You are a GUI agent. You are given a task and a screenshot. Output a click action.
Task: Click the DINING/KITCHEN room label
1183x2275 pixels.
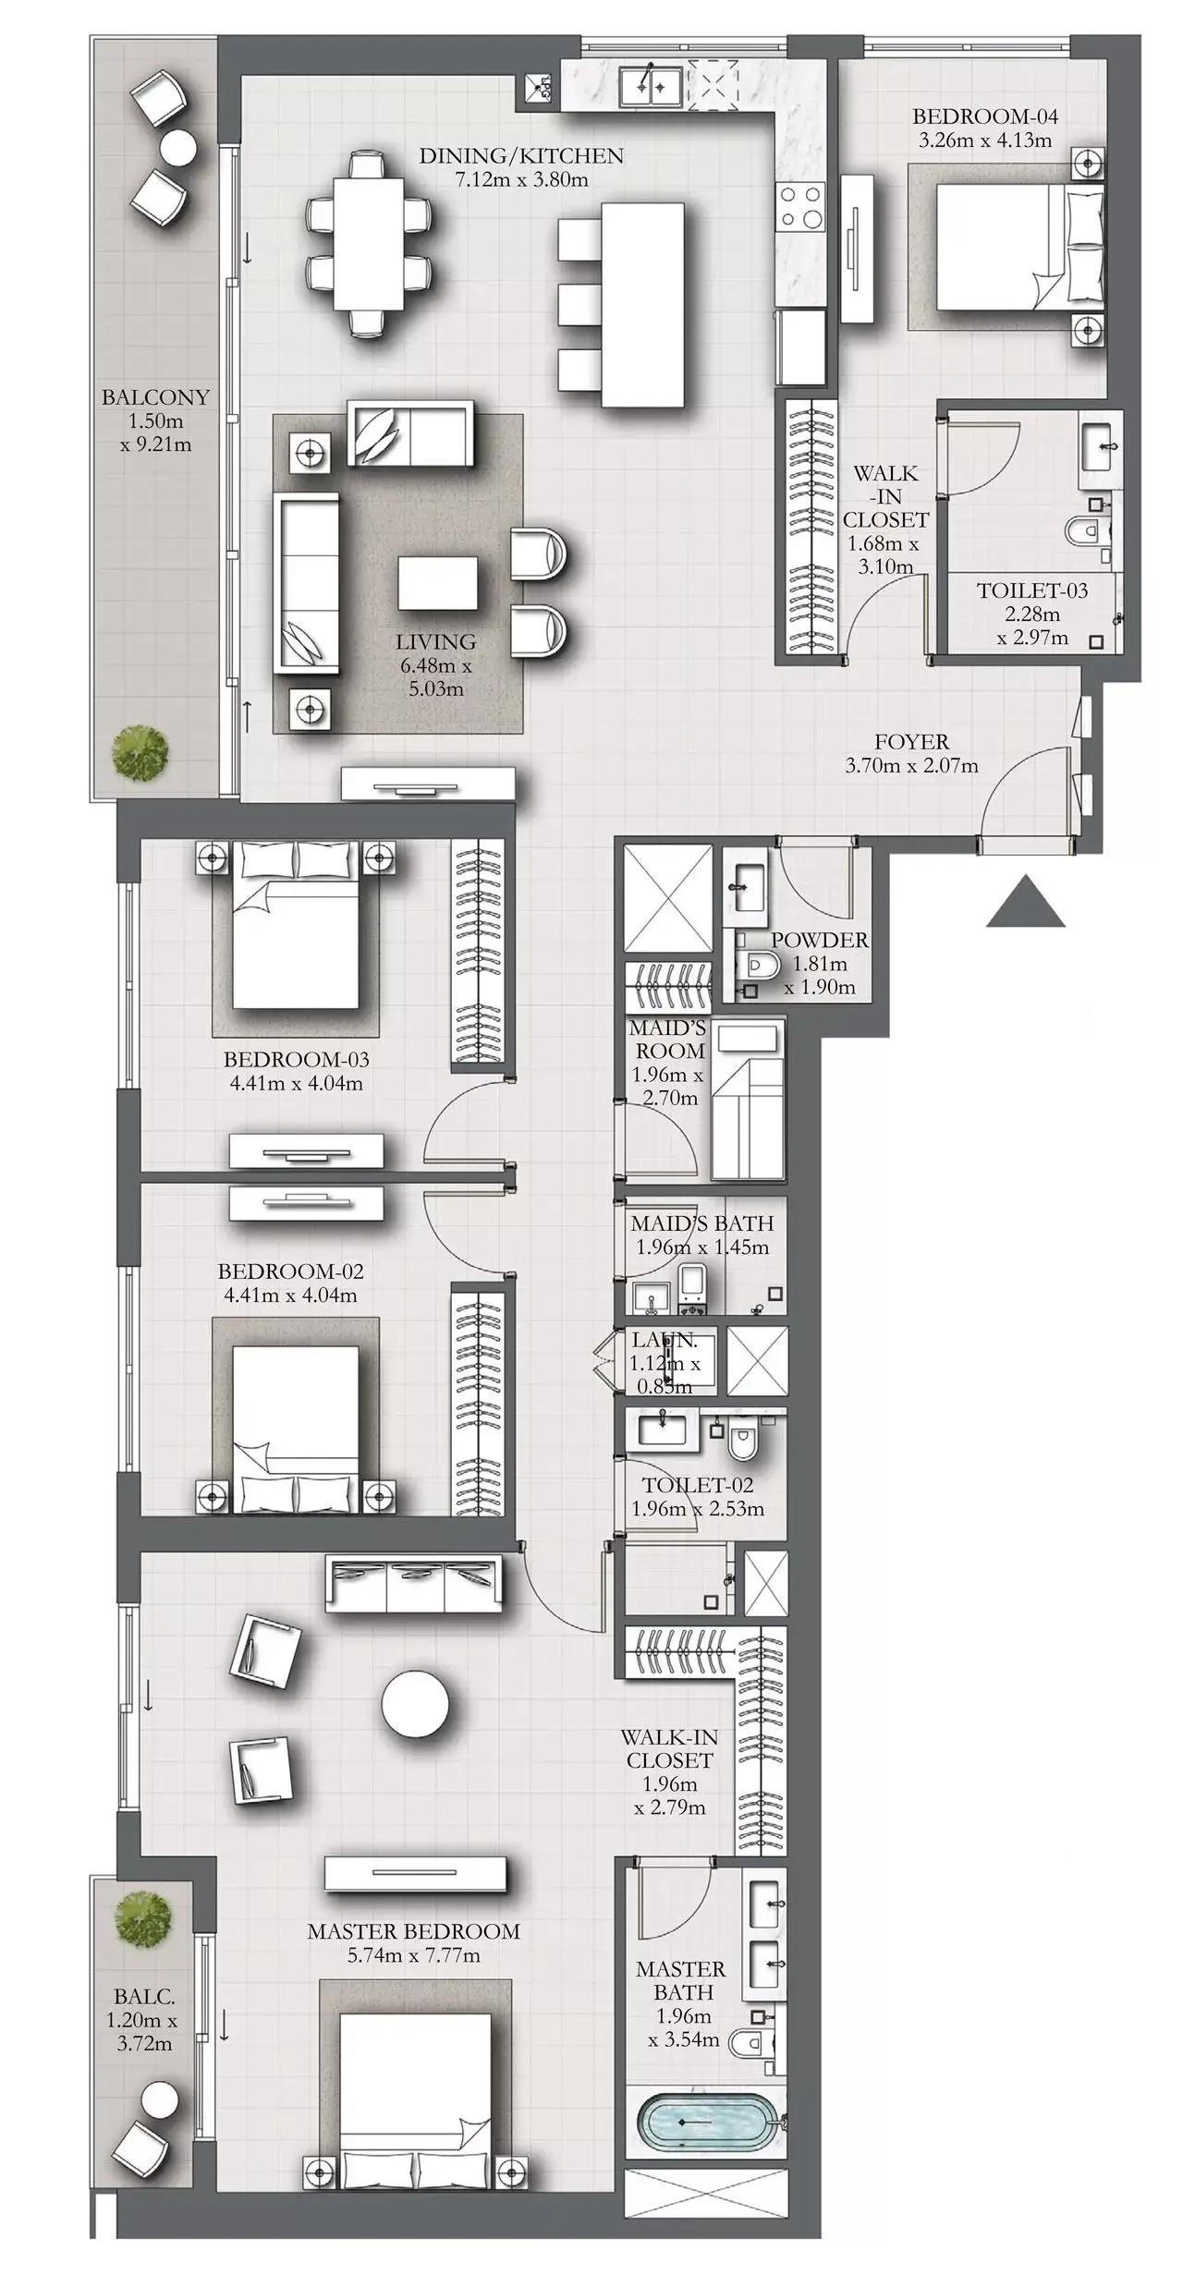point(521,156)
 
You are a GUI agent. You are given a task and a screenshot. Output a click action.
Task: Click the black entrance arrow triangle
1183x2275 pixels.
point(1026,904)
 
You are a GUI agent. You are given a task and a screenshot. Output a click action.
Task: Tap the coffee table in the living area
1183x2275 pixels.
point(438,583)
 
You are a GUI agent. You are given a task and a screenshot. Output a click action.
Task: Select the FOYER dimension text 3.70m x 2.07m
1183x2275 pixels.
point(911,765)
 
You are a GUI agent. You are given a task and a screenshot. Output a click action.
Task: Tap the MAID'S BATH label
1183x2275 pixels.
point(702,1223)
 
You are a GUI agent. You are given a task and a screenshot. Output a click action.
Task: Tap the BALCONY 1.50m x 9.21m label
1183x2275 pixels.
point(155,420)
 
